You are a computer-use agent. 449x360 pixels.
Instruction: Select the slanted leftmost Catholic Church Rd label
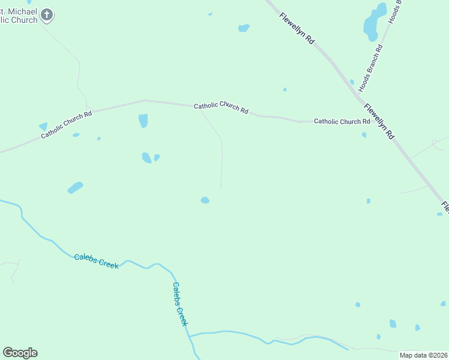pos(66,125)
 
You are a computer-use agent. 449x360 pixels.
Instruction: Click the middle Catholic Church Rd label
pos(221,107)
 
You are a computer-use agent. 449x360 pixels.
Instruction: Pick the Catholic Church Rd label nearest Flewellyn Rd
pos(342,121)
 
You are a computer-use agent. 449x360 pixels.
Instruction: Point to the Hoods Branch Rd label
pos(370,69)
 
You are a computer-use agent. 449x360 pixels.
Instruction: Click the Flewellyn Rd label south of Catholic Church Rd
pos(379,121)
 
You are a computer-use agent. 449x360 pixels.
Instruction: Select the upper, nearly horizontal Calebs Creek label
pos(97,261)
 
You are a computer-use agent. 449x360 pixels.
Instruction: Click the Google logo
pos(20,352)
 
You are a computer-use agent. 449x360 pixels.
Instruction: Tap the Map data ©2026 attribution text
pos(424,355)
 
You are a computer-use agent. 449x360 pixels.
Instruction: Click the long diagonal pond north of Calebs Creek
pos(75,188)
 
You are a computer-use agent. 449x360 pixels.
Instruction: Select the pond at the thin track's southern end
pos(205,200)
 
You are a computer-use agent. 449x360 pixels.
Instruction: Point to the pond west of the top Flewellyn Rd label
pos(243,28)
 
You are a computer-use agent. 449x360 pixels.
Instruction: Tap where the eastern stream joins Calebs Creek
pos(190,335)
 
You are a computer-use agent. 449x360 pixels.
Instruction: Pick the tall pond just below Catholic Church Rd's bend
pos(143,121)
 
